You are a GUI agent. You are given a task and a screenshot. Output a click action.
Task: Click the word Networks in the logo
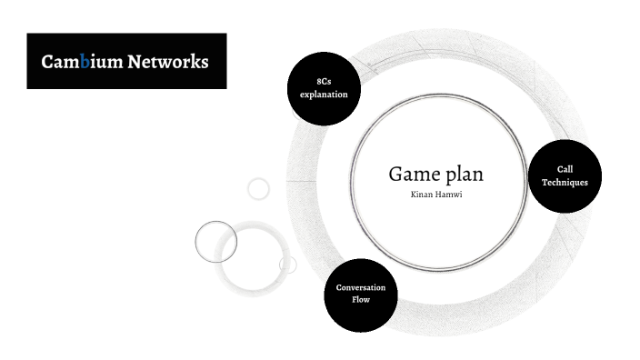pyautogui.click(x=167, y=62)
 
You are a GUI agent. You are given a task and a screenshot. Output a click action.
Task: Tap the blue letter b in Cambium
pyautogui.click(x=85, y=62)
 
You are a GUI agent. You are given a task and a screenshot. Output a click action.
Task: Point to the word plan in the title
pyautogui.click(x=463, y=175)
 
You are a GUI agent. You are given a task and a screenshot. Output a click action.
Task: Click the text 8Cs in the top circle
pyautogui.click(x=324, y=83)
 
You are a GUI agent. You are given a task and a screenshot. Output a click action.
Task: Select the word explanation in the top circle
pyautogui.click(x=324, y=94)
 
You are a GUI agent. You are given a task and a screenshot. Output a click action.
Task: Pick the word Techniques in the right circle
pyautogui.click(x=565, y=182)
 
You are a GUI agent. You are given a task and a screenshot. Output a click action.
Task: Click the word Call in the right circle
pyautogui.click(x=565, y=170)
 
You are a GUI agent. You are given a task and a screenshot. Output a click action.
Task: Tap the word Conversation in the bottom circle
pyautogui.click(x=361, y=287)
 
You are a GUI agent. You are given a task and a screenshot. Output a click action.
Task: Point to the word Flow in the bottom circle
pyautogui.click(x=361, y=298)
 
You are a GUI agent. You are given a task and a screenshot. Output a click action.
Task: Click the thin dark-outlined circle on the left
pyautogui.click(x=216, y=242)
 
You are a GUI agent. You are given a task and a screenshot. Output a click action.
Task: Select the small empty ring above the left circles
pyautogui.click(x=259, y=188)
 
